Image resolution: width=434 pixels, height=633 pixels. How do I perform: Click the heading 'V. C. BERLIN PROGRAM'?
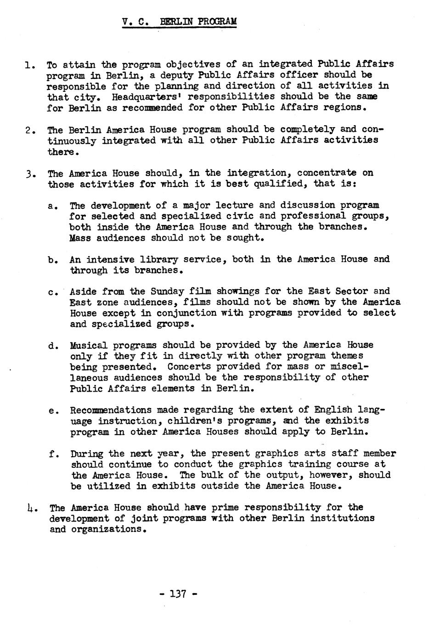coord(180,22)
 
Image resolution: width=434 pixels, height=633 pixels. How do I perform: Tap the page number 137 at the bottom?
coord(178,594)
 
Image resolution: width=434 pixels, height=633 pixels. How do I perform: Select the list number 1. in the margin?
coord(29,65)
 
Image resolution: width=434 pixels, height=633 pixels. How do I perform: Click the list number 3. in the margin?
coord(30,174)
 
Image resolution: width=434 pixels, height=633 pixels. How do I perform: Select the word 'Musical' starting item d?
coord(89,345)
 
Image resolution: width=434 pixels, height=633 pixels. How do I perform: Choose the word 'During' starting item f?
coord(86,454)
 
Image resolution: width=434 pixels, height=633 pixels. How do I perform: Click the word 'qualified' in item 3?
coord(283,184)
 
